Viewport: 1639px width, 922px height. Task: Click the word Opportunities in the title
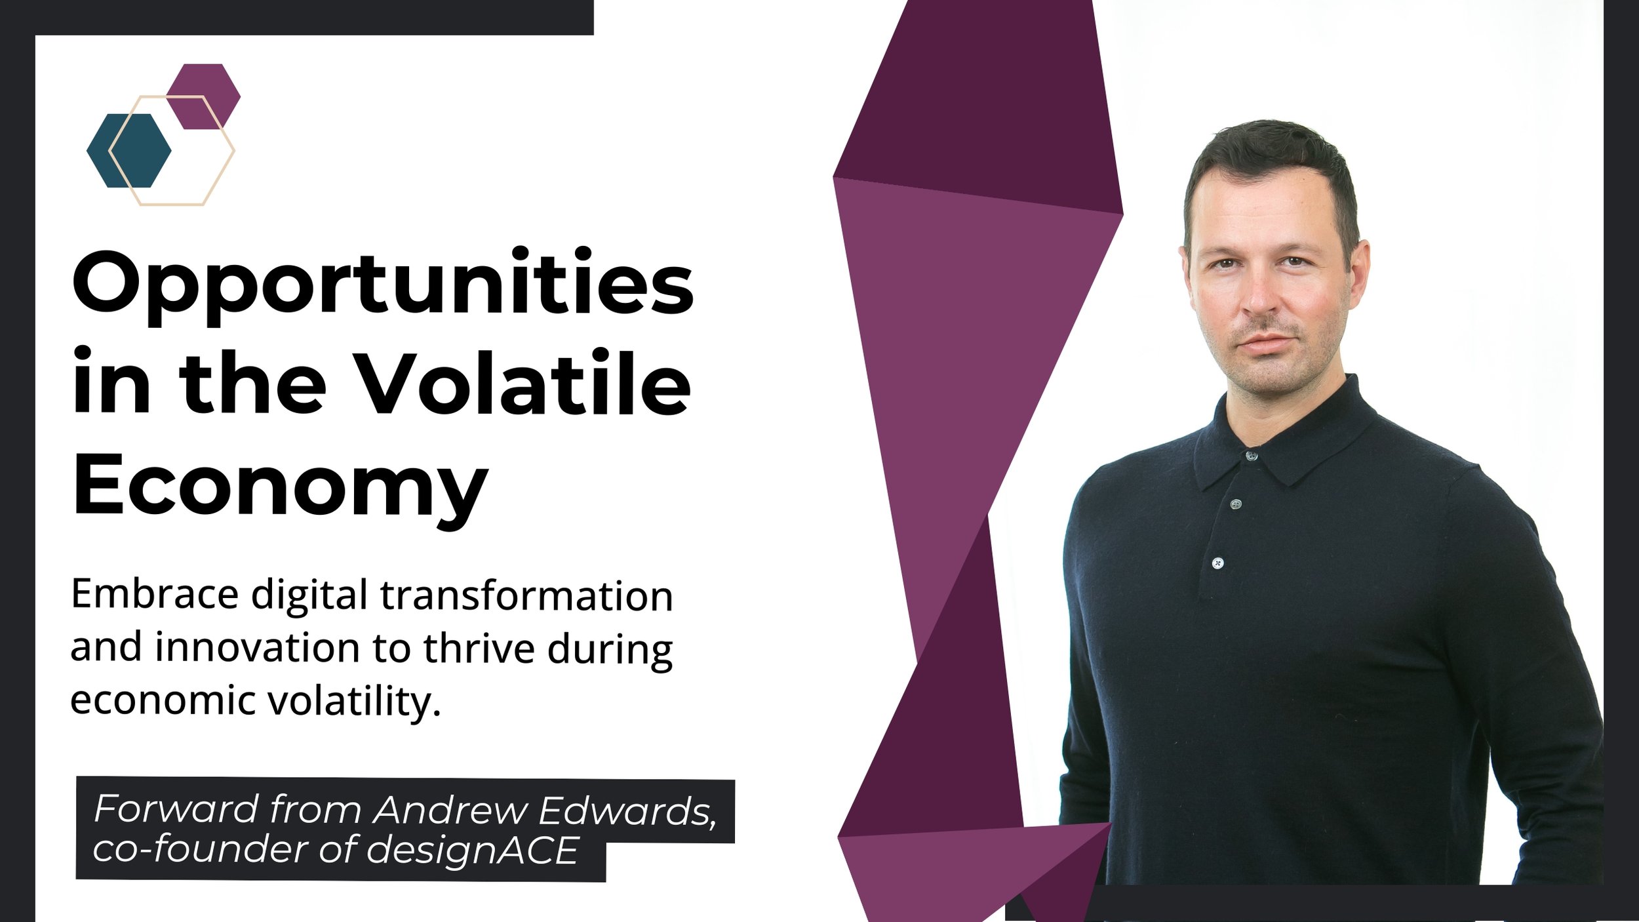pos(383,286)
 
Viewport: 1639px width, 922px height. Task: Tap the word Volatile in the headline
pos(524,383)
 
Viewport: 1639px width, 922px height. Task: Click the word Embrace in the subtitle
pos(155,595)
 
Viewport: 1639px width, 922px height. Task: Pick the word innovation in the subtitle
pos(258,648)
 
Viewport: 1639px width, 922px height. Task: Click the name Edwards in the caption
pos(627,811)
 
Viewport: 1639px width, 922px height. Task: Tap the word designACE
pos(472,851)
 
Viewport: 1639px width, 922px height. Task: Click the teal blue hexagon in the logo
pos(128,150)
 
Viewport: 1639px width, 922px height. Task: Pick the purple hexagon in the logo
pos(203,96)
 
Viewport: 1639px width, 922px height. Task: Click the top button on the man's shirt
pos(1252,455)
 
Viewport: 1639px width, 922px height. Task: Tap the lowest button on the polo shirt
pos(1217,563)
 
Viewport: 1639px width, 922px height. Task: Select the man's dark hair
pos(1269,164)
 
